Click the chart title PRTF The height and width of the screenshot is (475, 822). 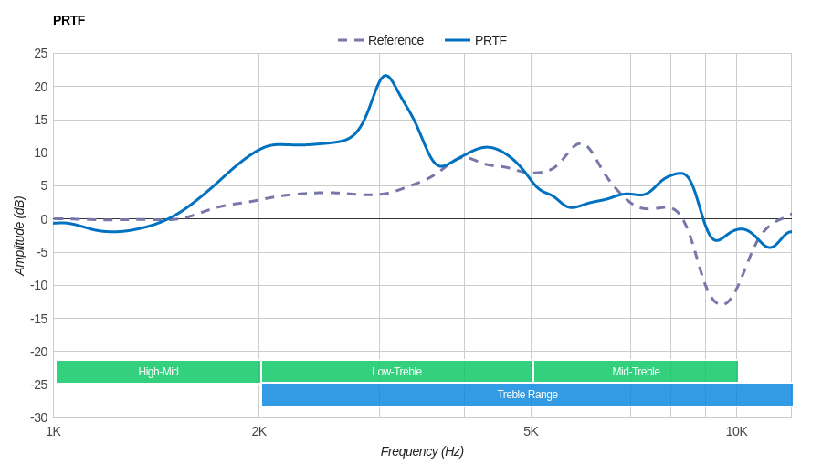[68, 20]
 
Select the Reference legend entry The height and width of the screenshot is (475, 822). [381, 40]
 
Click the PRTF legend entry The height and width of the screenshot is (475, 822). [477, 40]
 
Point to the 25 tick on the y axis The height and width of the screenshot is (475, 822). [41, 53]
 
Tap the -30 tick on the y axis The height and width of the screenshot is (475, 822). [38, 417]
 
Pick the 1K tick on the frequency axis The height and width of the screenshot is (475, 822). [54, 431]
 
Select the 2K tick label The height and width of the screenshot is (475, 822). [259, 431]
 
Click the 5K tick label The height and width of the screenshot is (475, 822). [531, 431]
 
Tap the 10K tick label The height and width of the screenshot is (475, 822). [736, 431]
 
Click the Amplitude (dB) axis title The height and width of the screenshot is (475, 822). [19, 236]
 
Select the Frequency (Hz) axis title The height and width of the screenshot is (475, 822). [422, 451]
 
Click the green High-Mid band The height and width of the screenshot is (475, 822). [158, 372]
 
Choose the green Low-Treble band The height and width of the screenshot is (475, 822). [396, 372]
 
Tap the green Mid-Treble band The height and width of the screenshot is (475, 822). [636, 372]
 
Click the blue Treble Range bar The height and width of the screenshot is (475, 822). [527, 395]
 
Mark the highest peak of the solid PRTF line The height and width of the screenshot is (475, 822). [385, 76]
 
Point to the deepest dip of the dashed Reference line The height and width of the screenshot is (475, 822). [722, 304]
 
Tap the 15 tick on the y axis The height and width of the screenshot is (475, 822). [41, 120]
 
